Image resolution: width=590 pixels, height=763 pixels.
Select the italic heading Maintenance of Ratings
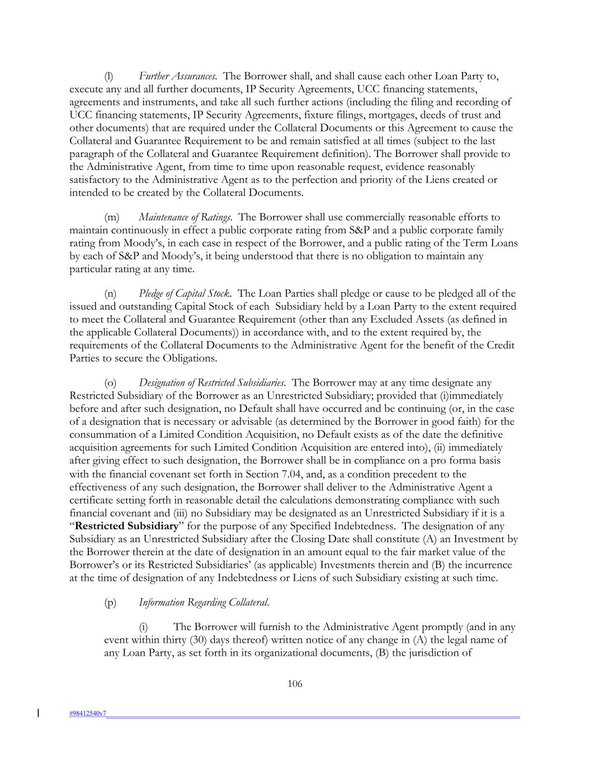[185, 217]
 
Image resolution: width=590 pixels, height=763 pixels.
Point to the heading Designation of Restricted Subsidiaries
[213, 383]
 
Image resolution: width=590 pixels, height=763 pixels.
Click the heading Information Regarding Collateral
[204, 603]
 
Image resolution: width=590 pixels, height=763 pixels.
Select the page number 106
[295, 684]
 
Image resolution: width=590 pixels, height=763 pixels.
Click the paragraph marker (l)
[109, 76]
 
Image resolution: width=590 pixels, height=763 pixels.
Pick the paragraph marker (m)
[112, 217]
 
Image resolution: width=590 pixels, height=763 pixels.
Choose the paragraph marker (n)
[111, 293]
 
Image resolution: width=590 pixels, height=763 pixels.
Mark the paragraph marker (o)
[111, 383]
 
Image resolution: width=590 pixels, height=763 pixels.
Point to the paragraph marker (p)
[111, 603]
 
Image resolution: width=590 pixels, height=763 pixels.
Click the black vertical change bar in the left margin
[38, 713]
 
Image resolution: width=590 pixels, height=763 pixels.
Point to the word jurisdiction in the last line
[445, 653]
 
